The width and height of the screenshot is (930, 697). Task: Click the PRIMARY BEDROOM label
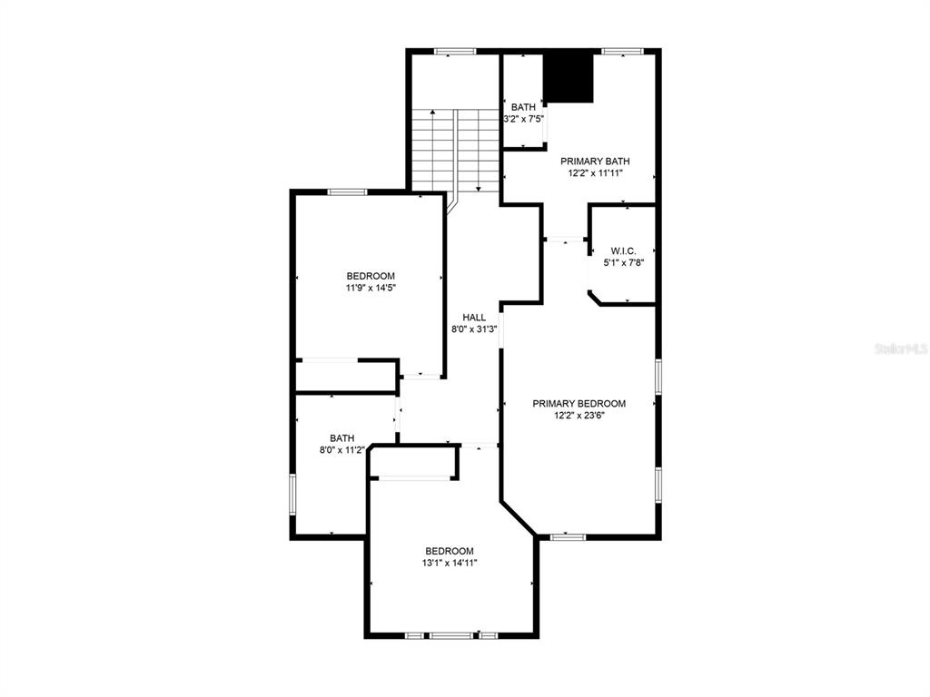coord(579,404)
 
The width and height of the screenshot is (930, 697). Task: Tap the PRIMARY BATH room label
coord(595,162)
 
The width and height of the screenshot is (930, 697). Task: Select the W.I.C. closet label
coord(623,251)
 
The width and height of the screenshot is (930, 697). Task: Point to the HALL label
coord(474,318)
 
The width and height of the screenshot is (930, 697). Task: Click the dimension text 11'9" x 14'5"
coord(371,288)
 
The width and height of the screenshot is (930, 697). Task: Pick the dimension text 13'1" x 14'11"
coord(450,563)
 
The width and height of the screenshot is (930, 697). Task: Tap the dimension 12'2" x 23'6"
coord(579,416)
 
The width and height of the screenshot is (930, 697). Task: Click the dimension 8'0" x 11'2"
coord(342,450)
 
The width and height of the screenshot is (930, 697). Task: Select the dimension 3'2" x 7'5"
coord(524,119)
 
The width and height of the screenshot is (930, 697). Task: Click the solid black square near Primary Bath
coord(569,78)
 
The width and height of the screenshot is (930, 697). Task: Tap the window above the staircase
coord(456,52)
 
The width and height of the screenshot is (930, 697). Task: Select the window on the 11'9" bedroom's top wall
coord(348,191)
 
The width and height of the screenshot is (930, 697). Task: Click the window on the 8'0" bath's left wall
coord(292,494)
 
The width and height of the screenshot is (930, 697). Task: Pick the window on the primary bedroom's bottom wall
coord(568,537)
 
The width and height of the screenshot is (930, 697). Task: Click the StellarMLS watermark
coord(901,348)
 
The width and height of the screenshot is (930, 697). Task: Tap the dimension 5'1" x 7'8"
coord(623,263)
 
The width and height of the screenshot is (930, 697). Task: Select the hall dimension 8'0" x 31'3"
coord(474,329)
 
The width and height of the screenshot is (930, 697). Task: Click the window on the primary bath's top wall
coord(622,52)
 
